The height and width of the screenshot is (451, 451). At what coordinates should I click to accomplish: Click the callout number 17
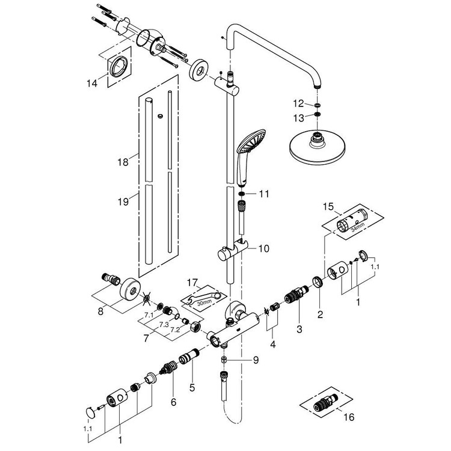(x=192, y=281)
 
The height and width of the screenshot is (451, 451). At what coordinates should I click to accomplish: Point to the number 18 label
(x=123, y=162)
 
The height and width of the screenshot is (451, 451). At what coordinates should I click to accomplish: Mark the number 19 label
(x=123, y=203)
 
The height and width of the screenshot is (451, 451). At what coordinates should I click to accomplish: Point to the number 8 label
(x=100, y=311)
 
